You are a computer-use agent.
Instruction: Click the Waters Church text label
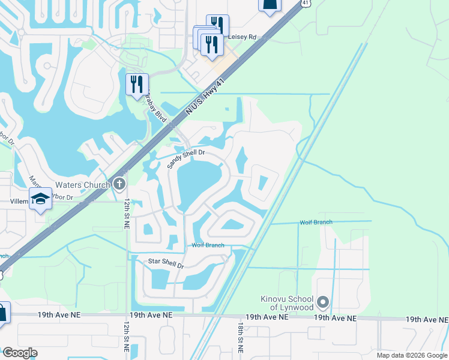(x=82, y=185)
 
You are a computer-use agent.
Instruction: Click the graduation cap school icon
(x=40, y=199)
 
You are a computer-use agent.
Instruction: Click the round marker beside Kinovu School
(x=324, y=301)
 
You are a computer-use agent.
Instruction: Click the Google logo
(x=19, y=353)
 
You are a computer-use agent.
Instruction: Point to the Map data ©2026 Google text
(x=412, y=355)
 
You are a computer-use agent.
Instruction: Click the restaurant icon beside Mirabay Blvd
(x=137, y=83)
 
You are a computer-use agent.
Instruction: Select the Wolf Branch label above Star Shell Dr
(x=208, y=245)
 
